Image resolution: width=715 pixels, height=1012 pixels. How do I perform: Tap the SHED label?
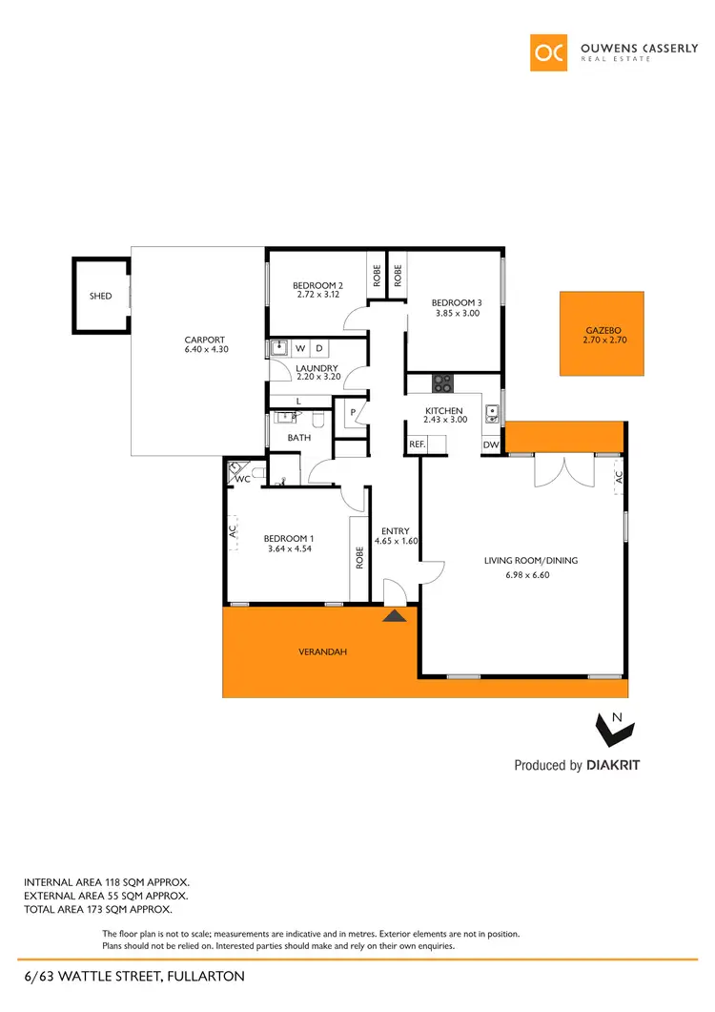(x=100, y=297)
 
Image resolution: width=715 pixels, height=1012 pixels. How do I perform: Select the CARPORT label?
(x=205, y=340)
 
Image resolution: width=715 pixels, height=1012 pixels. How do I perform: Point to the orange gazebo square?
(x=603, y=333)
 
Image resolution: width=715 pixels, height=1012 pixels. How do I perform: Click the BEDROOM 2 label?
(x=317, y=286)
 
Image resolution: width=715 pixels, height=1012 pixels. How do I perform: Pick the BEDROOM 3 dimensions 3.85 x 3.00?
(x=458, y=313)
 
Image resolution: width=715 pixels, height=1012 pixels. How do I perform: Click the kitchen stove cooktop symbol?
(x=442, y=382)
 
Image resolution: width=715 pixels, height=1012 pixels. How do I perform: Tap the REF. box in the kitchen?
(x=417, y=444)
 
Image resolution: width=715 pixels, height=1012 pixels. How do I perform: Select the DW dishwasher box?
(x=491, y=444)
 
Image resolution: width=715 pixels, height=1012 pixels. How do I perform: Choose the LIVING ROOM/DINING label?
(x=531, y=561)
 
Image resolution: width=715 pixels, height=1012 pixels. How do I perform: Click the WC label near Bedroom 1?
(x=242, y=479)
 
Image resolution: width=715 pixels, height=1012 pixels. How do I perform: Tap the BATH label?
(x=299, y=438)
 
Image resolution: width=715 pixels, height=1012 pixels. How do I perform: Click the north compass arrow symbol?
(x=610, y=730)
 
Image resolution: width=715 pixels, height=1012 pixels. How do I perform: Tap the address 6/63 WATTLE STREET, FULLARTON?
(x=134, y=976)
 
